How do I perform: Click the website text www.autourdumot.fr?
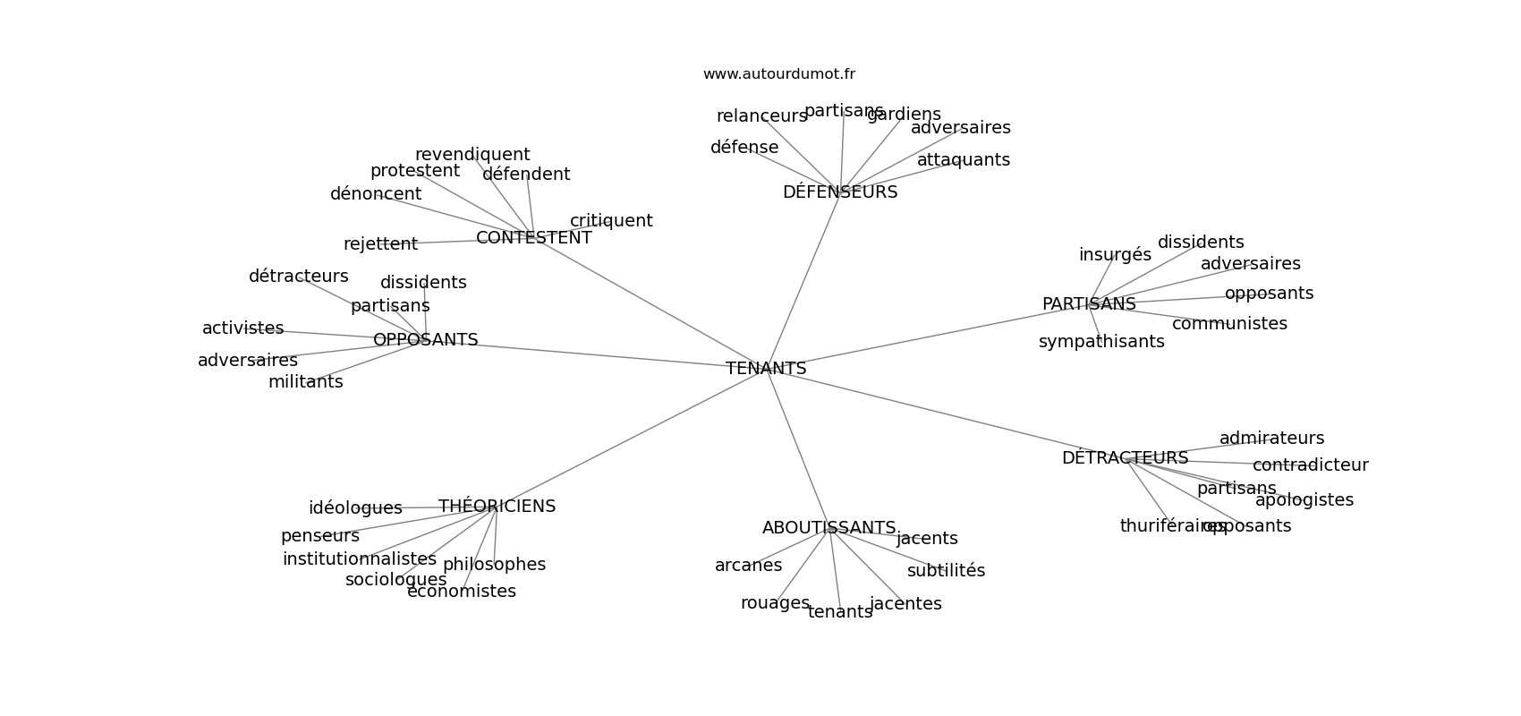[778, 74]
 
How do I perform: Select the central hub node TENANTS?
[766, 369]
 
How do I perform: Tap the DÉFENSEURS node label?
[839, 192]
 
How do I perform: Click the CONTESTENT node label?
[533, 238]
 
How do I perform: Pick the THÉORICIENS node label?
[497, 507]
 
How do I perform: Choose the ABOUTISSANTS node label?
[828, 528]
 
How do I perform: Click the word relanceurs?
[761, 116]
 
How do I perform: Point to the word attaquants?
[963, 160]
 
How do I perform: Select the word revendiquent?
[472, 155]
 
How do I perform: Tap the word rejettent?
[380, 244]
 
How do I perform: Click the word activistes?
[242, 328]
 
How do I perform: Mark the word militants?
[305, 382]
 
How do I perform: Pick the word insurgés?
[1115, 255]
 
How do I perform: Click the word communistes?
[1229, 324]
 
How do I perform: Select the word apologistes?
[1304, 500]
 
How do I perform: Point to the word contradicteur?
[1310, 465]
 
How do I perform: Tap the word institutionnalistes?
[359, 559]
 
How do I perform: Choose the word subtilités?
[946, 571]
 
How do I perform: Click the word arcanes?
[748, 566]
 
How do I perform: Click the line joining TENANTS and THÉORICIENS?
[626, 439]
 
